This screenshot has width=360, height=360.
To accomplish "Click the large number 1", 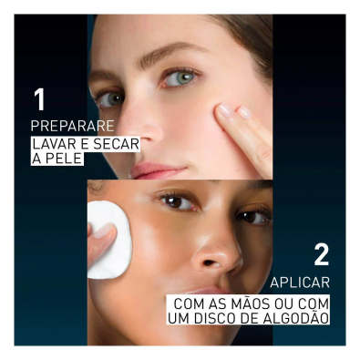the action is click(x=40, y=100).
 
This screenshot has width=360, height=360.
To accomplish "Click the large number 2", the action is click(x=321, y=256).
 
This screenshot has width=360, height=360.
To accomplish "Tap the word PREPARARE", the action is click(x=72, y=126).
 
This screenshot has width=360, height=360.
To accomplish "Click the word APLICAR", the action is click(x=300, y=283).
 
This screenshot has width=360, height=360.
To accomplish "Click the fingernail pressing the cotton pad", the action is click(x=103, y=230).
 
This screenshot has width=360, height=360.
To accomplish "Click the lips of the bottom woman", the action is click(x=207, y=291).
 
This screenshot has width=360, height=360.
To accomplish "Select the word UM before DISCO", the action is click(x=179, y=318).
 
